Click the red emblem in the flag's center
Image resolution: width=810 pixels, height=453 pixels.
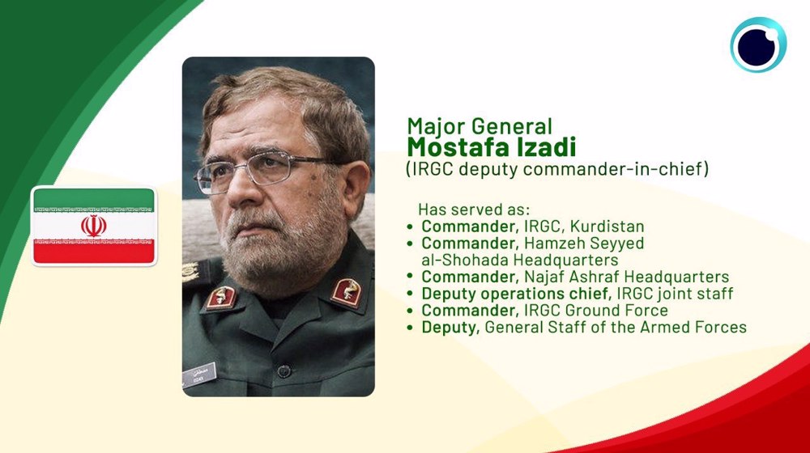[x=93, y=226]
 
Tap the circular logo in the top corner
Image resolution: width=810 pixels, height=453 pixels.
[x=758, y=44]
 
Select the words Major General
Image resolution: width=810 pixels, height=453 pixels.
[x=480, y=126]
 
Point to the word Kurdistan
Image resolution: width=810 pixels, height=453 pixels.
[x=607, y=226]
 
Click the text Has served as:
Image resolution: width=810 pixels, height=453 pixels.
[x=474, y=210]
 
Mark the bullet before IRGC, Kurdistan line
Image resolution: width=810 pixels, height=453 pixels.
[x=410, y=226]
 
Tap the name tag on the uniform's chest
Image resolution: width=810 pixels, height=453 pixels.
[x=199, y=375]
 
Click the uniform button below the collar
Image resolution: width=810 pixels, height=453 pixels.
[x=283, y=370]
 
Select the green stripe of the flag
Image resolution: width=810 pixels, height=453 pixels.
[x=93, y=200]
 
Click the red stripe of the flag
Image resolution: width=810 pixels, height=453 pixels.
[x=93, y=252]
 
